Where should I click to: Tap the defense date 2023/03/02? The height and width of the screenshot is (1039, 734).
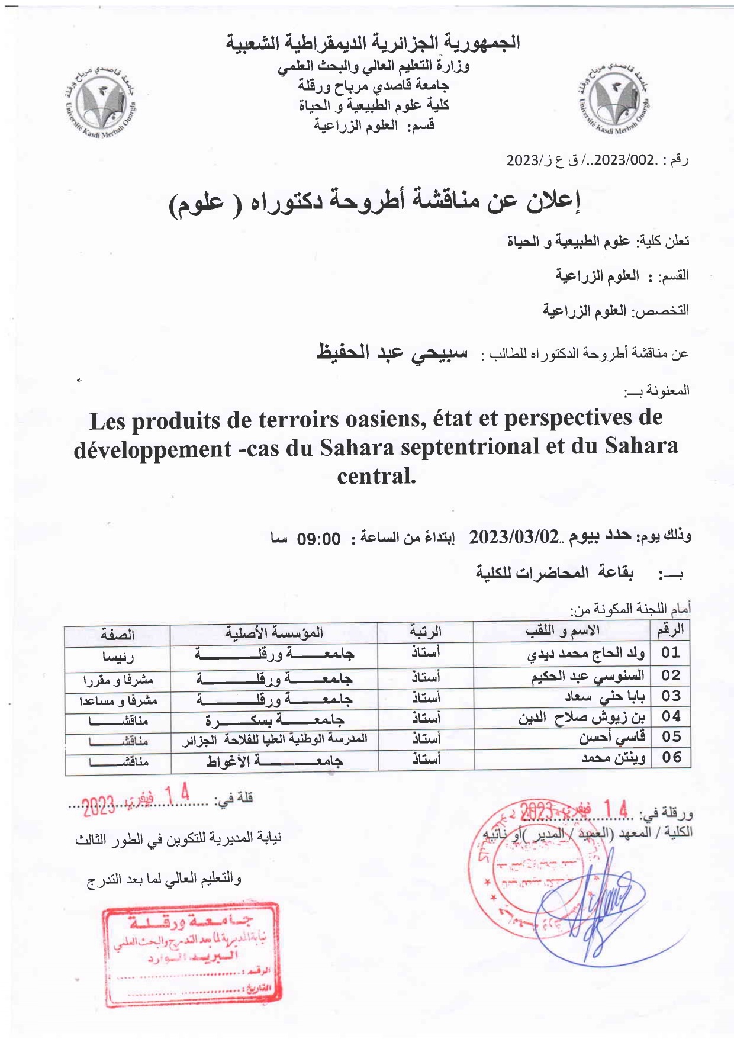click(x=514, y=537)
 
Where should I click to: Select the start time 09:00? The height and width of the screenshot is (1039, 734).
click(x=319, y=539)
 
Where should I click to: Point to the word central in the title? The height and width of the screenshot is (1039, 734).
click(x=376, y=475)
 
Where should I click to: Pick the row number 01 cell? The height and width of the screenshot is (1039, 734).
click(x=671, y=652)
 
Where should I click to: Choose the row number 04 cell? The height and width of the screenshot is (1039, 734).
click(x=671, y=716)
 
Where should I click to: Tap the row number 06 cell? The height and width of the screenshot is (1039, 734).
click(x=671, y=757)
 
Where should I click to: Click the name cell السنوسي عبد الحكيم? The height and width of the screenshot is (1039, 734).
click(x=587, y=675)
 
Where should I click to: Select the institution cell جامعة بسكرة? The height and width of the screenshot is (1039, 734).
click(x=275, y=720)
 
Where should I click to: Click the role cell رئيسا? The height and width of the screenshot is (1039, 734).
click(x=118, y=656)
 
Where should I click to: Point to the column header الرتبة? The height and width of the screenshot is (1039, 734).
click(x=426, y=632)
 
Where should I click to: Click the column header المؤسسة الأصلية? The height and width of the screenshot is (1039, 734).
click(x=274, y=632)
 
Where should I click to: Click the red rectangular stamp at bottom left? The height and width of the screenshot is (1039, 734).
click(x=191, y=955)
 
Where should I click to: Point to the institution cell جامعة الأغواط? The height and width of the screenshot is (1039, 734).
click(x=275, y=761)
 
